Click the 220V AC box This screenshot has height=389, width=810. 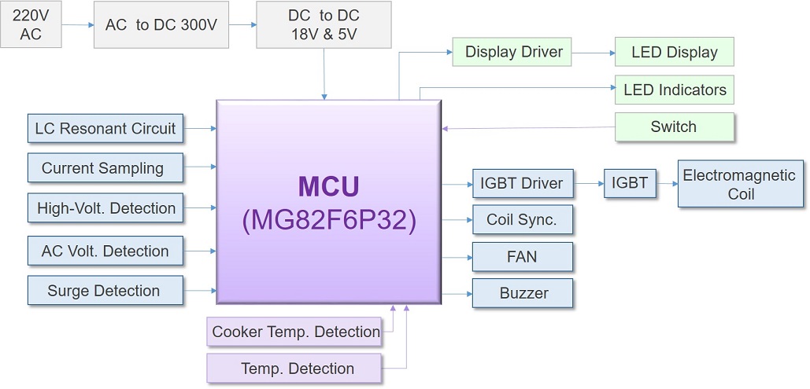click(x=31, y=24)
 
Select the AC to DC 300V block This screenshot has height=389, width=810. click(x=161, y=24)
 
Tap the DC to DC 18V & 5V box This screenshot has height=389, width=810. click(x=324, y=24)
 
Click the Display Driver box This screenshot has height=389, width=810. click(x=514, y=53)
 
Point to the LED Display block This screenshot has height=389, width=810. click(x=674, y=53)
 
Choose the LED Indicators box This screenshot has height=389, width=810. click(x=674, y=90)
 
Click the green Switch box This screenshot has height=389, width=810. click(x=674, y=127)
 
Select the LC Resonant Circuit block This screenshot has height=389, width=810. click(x=105, y=128)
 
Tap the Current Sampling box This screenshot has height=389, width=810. click(x=105, y=168)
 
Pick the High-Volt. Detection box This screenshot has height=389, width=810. click(x=105, y=209)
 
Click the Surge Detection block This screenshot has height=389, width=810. click(x=105, y=291)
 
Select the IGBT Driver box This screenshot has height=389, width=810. click(x=522, y=184)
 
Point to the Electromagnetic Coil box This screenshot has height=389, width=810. click(x=739, y=185)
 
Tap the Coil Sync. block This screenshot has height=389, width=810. click(x=522, y=220)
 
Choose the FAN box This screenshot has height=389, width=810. click(x=522, y=257)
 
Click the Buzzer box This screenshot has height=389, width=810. click(x=522, y=293)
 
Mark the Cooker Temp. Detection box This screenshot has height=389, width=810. click(x=296, y=332)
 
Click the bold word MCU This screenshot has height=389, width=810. click(x=329, y=187)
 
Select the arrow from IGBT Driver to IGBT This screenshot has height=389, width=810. click(x=588, y=184)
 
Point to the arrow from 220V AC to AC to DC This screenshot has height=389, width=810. click(x=78, y=25)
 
